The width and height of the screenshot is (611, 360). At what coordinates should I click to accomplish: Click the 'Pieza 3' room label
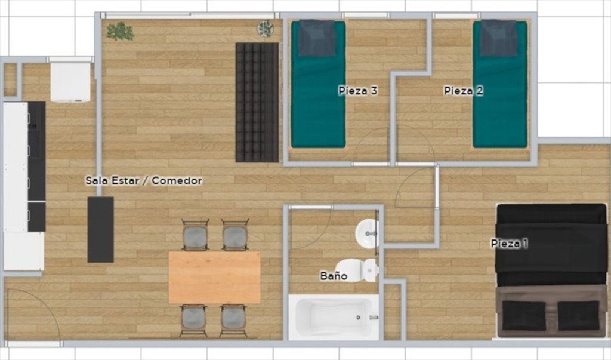[x=358, y=91]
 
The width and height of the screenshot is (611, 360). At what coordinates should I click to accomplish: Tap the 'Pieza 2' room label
[x=464, y=91]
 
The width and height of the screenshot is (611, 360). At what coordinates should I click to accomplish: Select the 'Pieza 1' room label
[x=510, y=244]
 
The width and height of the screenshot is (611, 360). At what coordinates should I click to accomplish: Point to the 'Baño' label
[x=334, y=276]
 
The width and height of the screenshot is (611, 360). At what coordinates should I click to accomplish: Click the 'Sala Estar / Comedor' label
[x=144, y=180]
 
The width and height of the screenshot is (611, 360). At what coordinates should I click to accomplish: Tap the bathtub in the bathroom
[x=334, y=316]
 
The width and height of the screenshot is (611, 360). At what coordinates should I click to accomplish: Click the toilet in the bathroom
[x=357, y=269]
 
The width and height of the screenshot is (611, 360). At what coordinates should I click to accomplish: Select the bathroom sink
[x=367, y=233]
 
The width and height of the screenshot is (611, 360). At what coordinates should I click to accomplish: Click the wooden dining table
[x=214, y=277]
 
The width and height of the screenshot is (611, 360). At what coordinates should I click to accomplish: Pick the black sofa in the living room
[x=257, y=102]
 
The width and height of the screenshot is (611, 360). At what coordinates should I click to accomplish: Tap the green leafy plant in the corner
[x=121, y=32]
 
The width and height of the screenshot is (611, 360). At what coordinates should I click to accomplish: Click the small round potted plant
[x=266, y=29]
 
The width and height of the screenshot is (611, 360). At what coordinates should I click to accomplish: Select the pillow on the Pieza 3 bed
[x=317, y=38]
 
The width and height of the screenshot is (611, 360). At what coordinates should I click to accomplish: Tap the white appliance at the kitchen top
[x=70, y=82]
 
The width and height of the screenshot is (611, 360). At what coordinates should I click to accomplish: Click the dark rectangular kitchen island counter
[x=100, y=229]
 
